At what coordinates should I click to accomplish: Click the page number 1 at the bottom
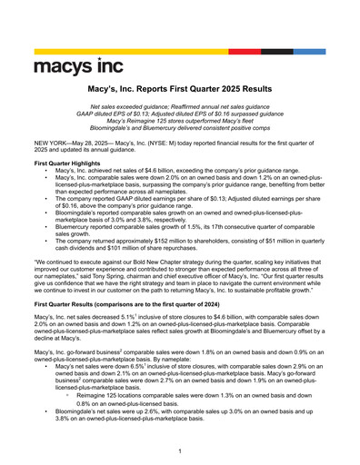pyautogui.click(x=180, y=451)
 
